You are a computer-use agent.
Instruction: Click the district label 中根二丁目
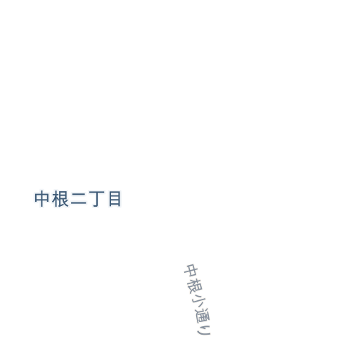pos(78,199)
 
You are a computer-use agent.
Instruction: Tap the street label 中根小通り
pos(198,300)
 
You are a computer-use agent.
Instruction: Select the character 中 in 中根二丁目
pos(42,199)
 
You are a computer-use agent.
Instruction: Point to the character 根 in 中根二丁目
pos(60,199)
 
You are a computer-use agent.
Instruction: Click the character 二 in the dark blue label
pos(79,200)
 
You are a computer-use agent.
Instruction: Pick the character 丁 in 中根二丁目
pos(96,199)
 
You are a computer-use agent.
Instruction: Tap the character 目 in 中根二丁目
pos(115,199)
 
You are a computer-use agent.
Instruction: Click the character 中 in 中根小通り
pos(191,271)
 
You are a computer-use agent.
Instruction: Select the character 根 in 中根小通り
pos(194,286)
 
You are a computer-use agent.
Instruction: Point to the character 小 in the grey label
pos(198,301)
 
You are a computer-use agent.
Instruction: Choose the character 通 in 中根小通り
pos(202,316)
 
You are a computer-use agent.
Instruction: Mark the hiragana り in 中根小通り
pos(204,330)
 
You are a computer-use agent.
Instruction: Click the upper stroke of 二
pos(79,194)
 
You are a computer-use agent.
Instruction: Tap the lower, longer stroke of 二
pos(79,204)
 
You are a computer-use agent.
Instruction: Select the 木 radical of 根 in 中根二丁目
pos(56,199)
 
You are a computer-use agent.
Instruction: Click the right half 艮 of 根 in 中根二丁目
pos(64,199)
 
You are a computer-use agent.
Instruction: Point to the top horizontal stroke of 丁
pos(96,193)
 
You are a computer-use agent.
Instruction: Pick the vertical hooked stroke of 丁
pos(96,200)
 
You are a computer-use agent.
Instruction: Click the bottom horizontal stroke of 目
pos(115,205)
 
